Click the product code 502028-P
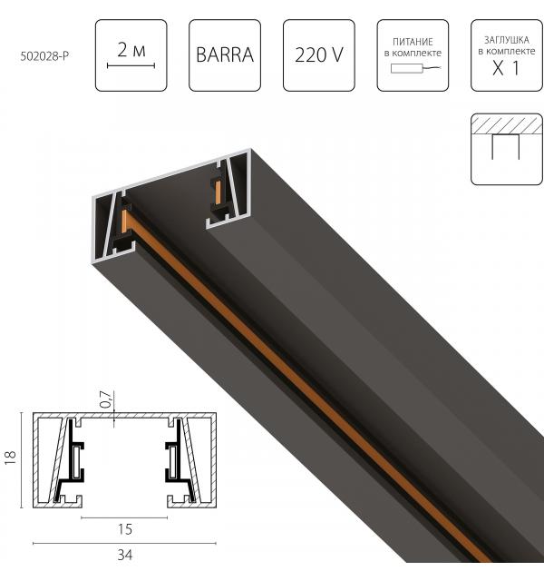pyautogui.click(x=45, y=55)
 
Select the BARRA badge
pyautogui.click(x=224, y=54)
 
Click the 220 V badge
pyautogui.click(x=318, y=54)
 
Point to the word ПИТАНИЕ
pyautogui.click(x=413, y=42)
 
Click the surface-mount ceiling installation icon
pyautogui.click(x=507, y=149)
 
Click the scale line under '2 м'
pyautogui.click(x=131, y=65)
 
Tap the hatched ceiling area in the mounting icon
pyautogui.click(x=507, y=126)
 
